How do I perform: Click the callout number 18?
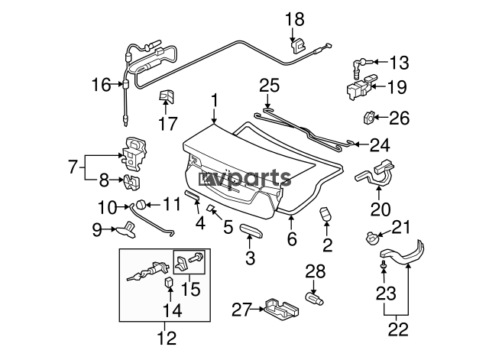click(x=295, y=19)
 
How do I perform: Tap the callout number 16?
click(x=101, y=85)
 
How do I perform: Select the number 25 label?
click(x=270, y=86)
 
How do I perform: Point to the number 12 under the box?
click(x=167, y=338)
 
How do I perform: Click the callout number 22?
click(x=398, y=329)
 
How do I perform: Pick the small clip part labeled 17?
click(x=167, y=96)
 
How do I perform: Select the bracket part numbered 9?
click(x=126, y=230)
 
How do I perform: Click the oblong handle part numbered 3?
click(x=251, y=230)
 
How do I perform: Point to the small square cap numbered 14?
click(x=169, y=282)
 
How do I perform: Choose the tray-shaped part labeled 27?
click(x=281, y=310)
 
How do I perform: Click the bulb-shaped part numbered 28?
click(x=314, y=298)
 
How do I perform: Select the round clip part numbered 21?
click(x=371, y=238)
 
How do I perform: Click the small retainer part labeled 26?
click(x=369, y=118)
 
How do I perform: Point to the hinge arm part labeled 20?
click(x=375, y=173)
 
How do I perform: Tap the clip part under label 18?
click(x=299, y=47)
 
